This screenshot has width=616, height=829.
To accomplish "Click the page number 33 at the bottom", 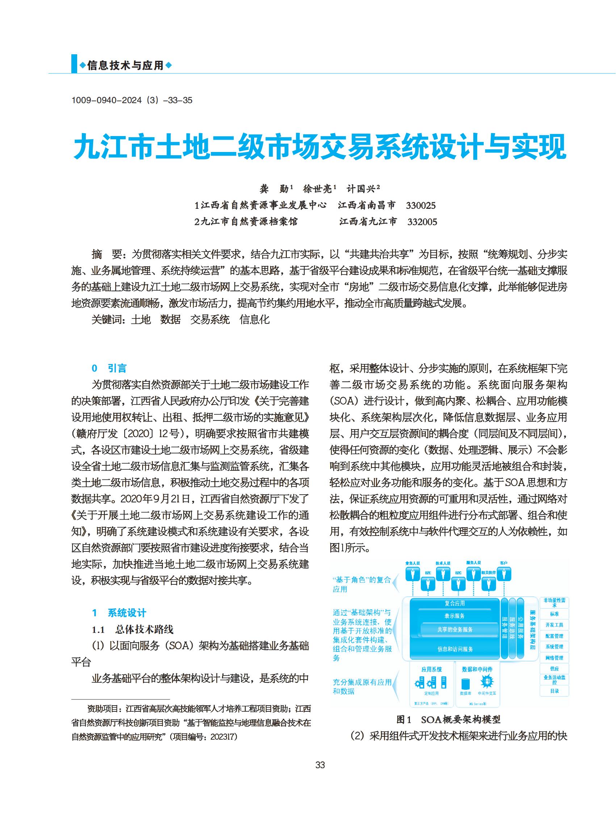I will pos(320,765).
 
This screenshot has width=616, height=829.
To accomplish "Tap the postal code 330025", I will pos(420,206).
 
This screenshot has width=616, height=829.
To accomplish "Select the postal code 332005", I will pos(422,222).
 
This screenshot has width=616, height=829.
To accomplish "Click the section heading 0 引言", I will pos(109,368).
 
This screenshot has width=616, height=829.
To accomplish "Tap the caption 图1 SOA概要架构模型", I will pos(449,719).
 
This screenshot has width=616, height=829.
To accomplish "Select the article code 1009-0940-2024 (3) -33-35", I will pos(131,100).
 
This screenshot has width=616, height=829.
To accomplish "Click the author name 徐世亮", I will pos(317,189).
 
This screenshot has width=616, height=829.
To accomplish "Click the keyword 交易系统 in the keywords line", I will pos(210,320).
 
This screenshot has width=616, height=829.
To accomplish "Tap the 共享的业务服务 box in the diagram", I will pos(454,629).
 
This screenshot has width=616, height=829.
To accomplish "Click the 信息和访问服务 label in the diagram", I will pos(455,649).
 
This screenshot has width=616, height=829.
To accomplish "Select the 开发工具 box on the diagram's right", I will pos(554,625).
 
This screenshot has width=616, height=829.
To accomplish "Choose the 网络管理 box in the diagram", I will pos(554,658).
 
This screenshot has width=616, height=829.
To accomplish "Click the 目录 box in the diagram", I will pos(554,691).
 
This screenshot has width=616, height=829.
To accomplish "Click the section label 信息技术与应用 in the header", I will pos(125,66).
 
